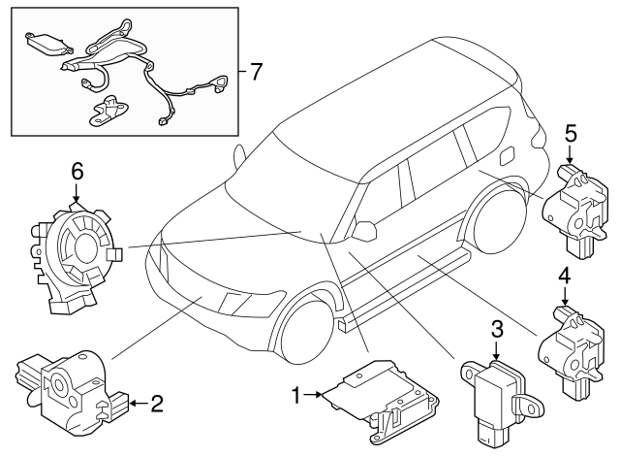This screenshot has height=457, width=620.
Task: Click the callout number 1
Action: point(297,394)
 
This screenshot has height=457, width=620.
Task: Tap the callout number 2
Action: point(156,402)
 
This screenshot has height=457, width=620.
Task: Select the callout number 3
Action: point(496,330)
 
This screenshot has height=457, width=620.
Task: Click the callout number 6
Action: point(77,172)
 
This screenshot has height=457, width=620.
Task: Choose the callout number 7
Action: point(255,70)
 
